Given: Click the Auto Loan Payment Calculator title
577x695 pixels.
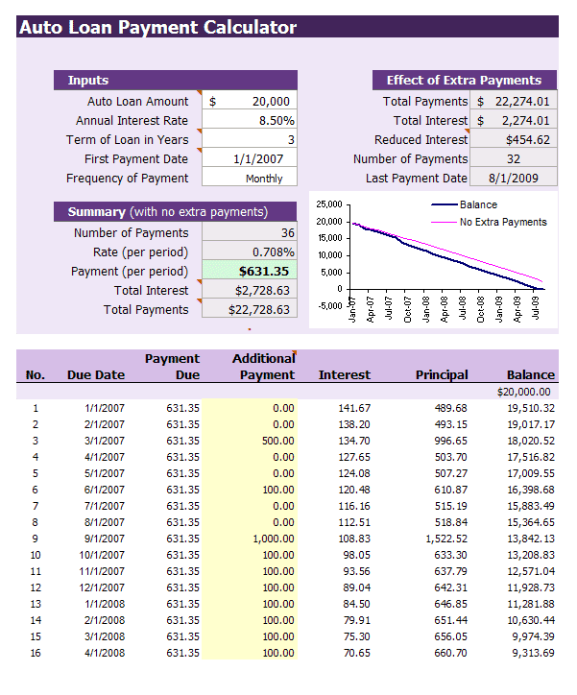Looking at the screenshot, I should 158,27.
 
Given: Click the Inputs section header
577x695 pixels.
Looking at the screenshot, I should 88,81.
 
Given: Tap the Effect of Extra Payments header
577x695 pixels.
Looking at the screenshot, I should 464,81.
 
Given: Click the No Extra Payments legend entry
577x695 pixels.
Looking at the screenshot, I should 502,222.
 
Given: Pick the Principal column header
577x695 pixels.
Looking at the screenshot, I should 442,375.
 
